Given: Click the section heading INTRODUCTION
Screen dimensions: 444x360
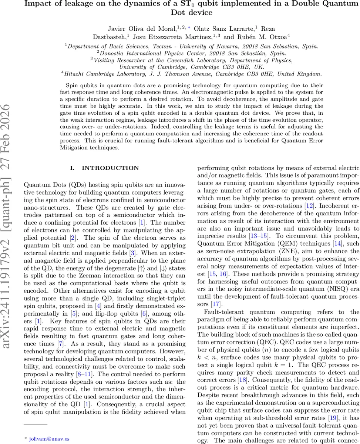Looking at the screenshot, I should (110, 168).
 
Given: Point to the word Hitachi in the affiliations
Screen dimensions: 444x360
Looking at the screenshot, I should (76, 74).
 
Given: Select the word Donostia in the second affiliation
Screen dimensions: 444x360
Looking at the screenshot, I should (107, 53).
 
